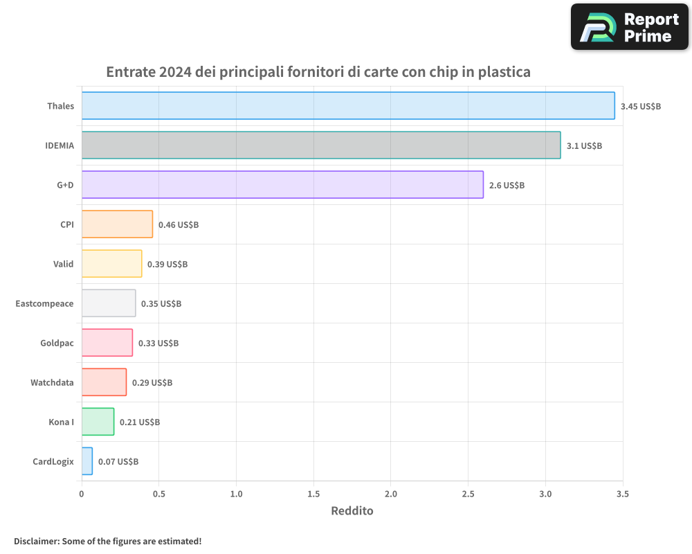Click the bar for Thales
[x=348, y=106]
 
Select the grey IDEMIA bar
[x=321, y=145]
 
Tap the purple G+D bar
[x=282, y=185]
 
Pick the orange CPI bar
[x=117, y=224]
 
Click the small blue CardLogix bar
[x=87, y=461]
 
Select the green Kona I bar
[x=98, y=422]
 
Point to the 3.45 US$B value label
[x=641, y=107]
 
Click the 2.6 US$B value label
[x=507, y=186]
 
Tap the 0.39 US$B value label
[x=167, y=265]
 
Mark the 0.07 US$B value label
[x=118, y=462]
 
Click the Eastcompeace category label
[x=44, y=304]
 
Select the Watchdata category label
[x=52, y=383]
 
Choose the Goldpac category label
[x=57, y=343]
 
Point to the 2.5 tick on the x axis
[x=468, y=494]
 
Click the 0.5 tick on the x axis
[x=158, y=494]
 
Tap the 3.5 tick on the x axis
[x=622, y=494]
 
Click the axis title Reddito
[x=352, y=511]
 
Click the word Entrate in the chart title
[x=130, y=72]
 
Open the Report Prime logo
[x=629, y=27]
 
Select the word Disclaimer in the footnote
[x=36, y=542]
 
